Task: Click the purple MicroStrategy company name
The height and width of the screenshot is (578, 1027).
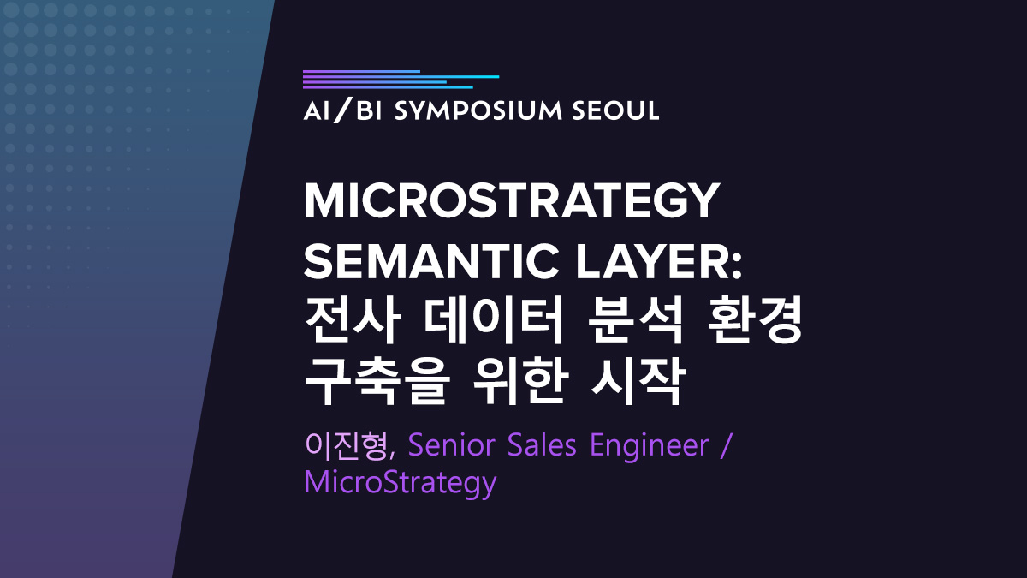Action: click(400, 484)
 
